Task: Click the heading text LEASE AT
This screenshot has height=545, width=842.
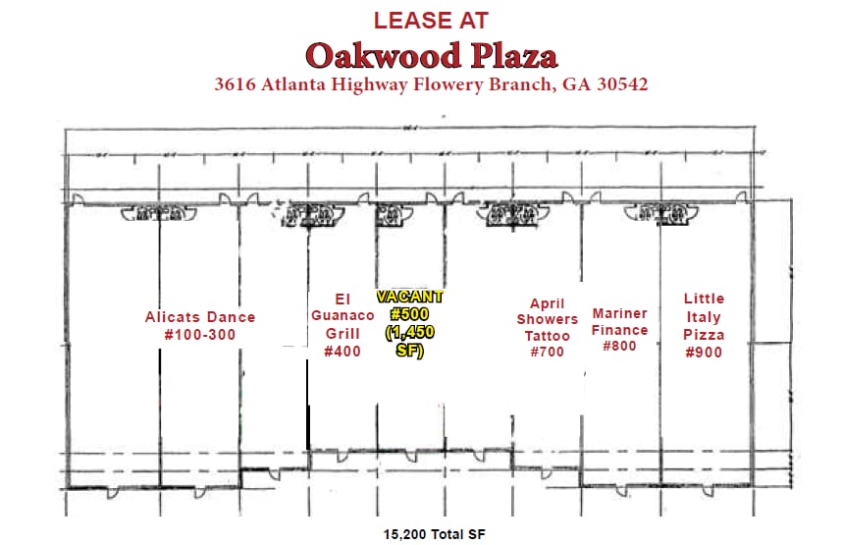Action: pos(431,19)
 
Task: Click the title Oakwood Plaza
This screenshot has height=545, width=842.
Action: pos(431,54)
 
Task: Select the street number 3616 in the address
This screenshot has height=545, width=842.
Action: pos(237,84)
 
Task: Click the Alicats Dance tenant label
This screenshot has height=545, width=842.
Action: pos(199,317)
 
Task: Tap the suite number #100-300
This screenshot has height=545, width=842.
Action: pos(199,334)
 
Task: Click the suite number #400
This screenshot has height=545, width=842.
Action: pos(342,352)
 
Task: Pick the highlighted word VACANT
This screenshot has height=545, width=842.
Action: pos(410,296)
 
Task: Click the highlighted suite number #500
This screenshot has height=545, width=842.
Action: pos(410,314)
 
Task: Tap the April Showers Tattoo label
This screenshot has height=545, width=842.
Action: pos(547,319)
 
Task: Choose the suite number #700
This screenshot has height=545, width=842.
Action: pos(547,352)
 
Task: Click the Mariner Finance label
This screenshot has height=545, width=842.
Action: pos(619,322)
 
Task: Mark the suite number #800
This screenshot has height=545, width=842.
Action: pos(619,346)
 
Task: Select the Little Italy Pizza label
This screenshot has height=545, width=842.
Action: pos(704,316)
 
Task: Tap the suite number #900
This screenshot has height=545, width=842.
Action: pos(704,352)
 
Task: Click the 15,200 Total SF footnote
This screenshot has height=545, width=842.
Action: pos(434,534)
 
